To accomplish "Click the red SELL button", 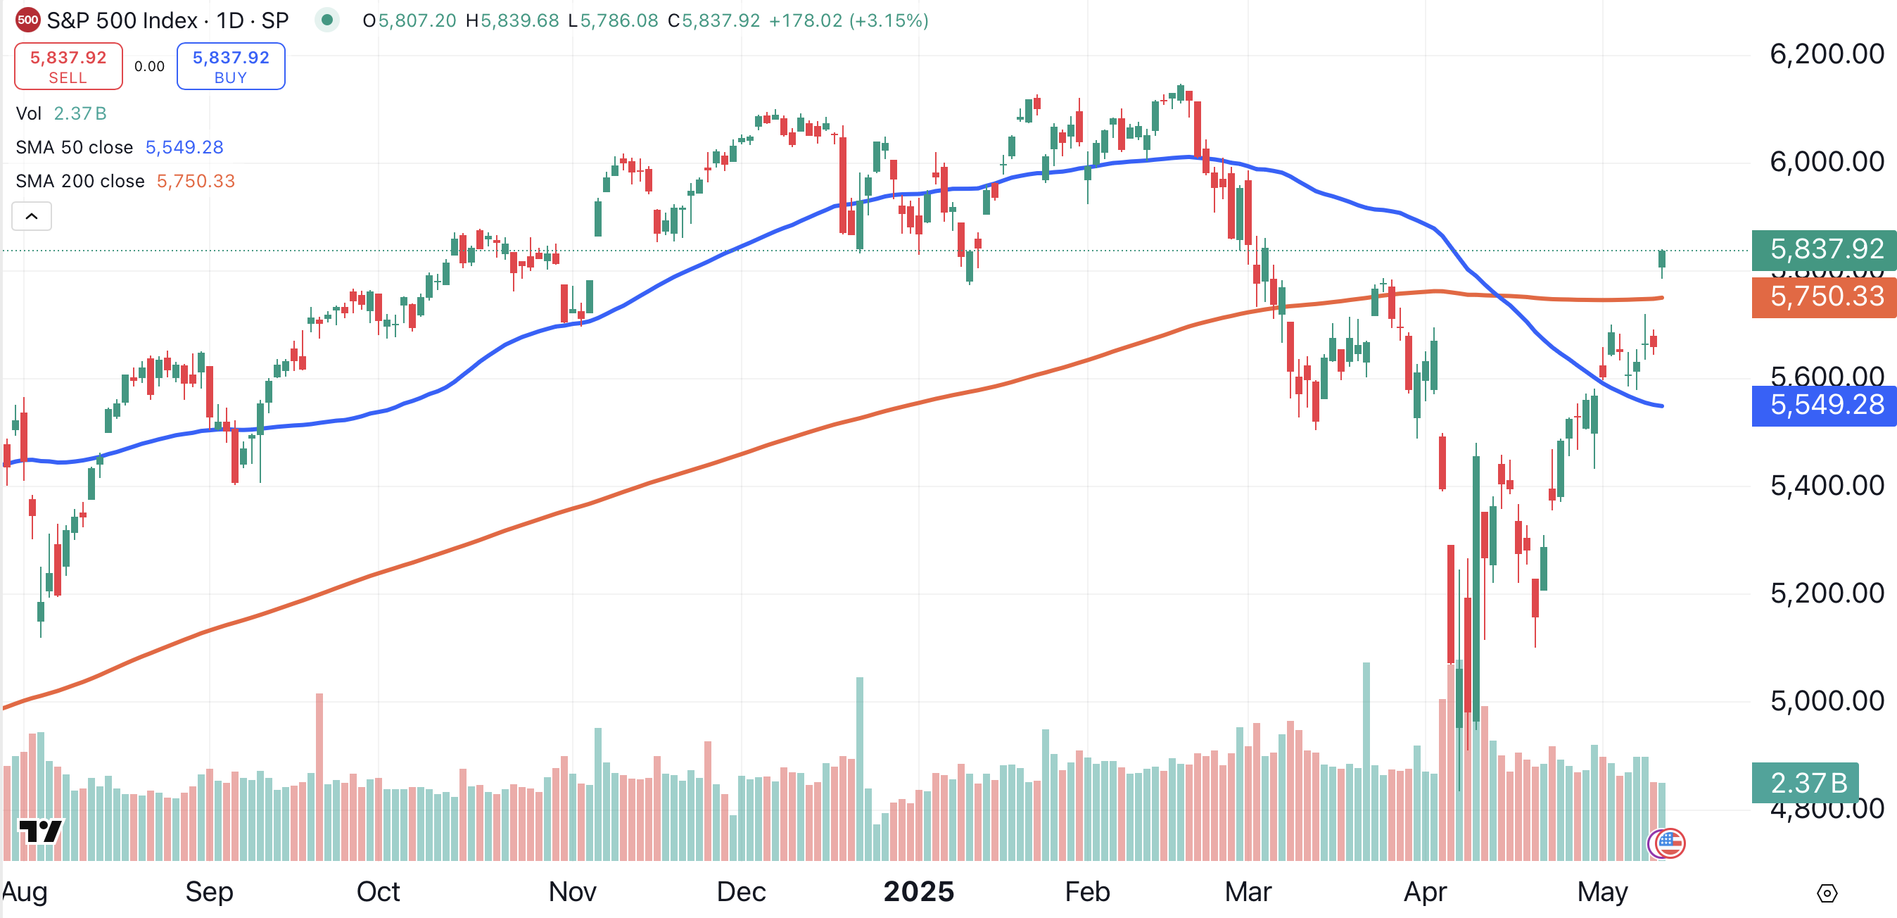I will (x=68, y=66).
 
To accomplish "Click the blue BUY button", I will (x=231, y=66).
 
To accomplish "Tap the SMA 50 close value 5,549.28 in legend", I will (x=184, y=147).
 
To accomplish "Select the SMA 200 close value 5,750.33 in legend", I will (x=196, y=181).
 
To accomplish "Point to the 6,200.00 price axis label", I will (x=1827, y=54).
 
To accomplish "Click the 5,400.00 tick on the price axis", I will (x=1827, y=486).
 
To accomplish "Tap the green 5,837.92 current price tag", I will (x=1825, y=249).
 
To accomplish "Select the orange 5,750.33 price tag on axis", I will (x=1825, y=297).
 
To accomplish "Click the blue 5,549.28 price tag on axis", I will (x=1825, y=405).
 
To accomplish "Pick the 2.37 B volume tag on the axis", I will (x=1806, y=782).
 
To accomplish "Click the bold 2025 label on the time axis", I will (x=918, y=892).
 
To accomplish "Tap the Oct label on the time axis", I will (x=378, y=892).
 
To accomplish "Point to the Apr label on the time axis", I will (x=1425, y=892).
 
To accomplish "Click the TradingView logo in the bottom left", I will (x=41, y=832).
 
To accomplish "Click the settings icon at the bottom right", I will (x=1827, y=893).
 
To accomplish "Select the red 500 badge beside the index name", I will (x=28, y=20).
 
